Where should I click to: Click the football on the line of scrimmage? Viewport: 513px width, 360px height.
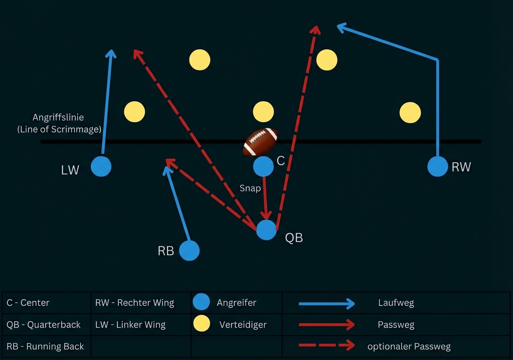pos(261,142)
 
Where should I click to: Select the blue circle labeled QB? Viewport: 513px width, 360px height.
pos(266,230)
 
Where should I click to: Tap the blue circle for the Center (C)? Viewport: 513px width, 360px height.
pos(263,166)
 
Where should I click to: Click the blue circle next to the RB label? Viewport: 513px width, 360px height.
pos(189,251)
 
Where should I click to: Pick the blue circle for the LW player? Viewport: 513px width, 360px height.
pos(101,166)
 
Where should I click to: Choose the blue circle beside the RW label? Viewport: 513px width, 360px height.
pos(437,166)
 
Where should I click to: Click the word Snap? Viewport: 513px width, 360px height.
pos(250,188)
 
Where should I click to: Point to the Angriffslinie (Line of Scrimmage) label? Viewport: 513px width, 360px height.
pos(59,123)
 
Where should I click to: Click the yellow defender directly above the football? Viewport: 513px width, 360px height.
pos(263,112)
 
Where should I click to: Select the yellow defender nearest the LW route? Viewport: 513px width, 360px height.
pos(134,112)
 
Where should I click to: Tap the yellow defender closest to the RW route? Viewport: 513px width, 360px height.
pos(410,112)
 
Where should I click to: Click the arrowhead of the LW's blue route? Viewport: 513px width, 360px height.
pos(111,52)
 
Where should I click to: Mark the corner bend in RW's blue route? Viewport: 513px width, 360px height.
pos(438,60)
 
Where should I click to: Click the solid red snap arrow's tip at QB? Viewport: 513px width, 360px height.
pos(266,217)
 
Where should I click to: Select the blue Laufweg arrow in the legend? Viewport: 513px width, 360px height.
pos(326,303)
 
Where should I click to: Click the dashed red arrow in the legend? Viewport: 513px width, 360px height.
pos(326,345)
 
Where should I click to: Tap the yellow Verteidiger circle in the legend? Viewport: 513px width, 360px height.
pos(202,324)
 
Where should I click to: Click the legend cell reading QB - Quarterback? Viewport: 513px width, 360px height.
pos(44,325)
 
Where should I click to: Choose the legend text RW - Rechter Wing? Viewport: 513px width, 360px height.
pos(134,303)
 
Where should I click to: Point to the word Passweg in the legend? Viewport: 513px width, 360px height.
pos(396,325)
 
